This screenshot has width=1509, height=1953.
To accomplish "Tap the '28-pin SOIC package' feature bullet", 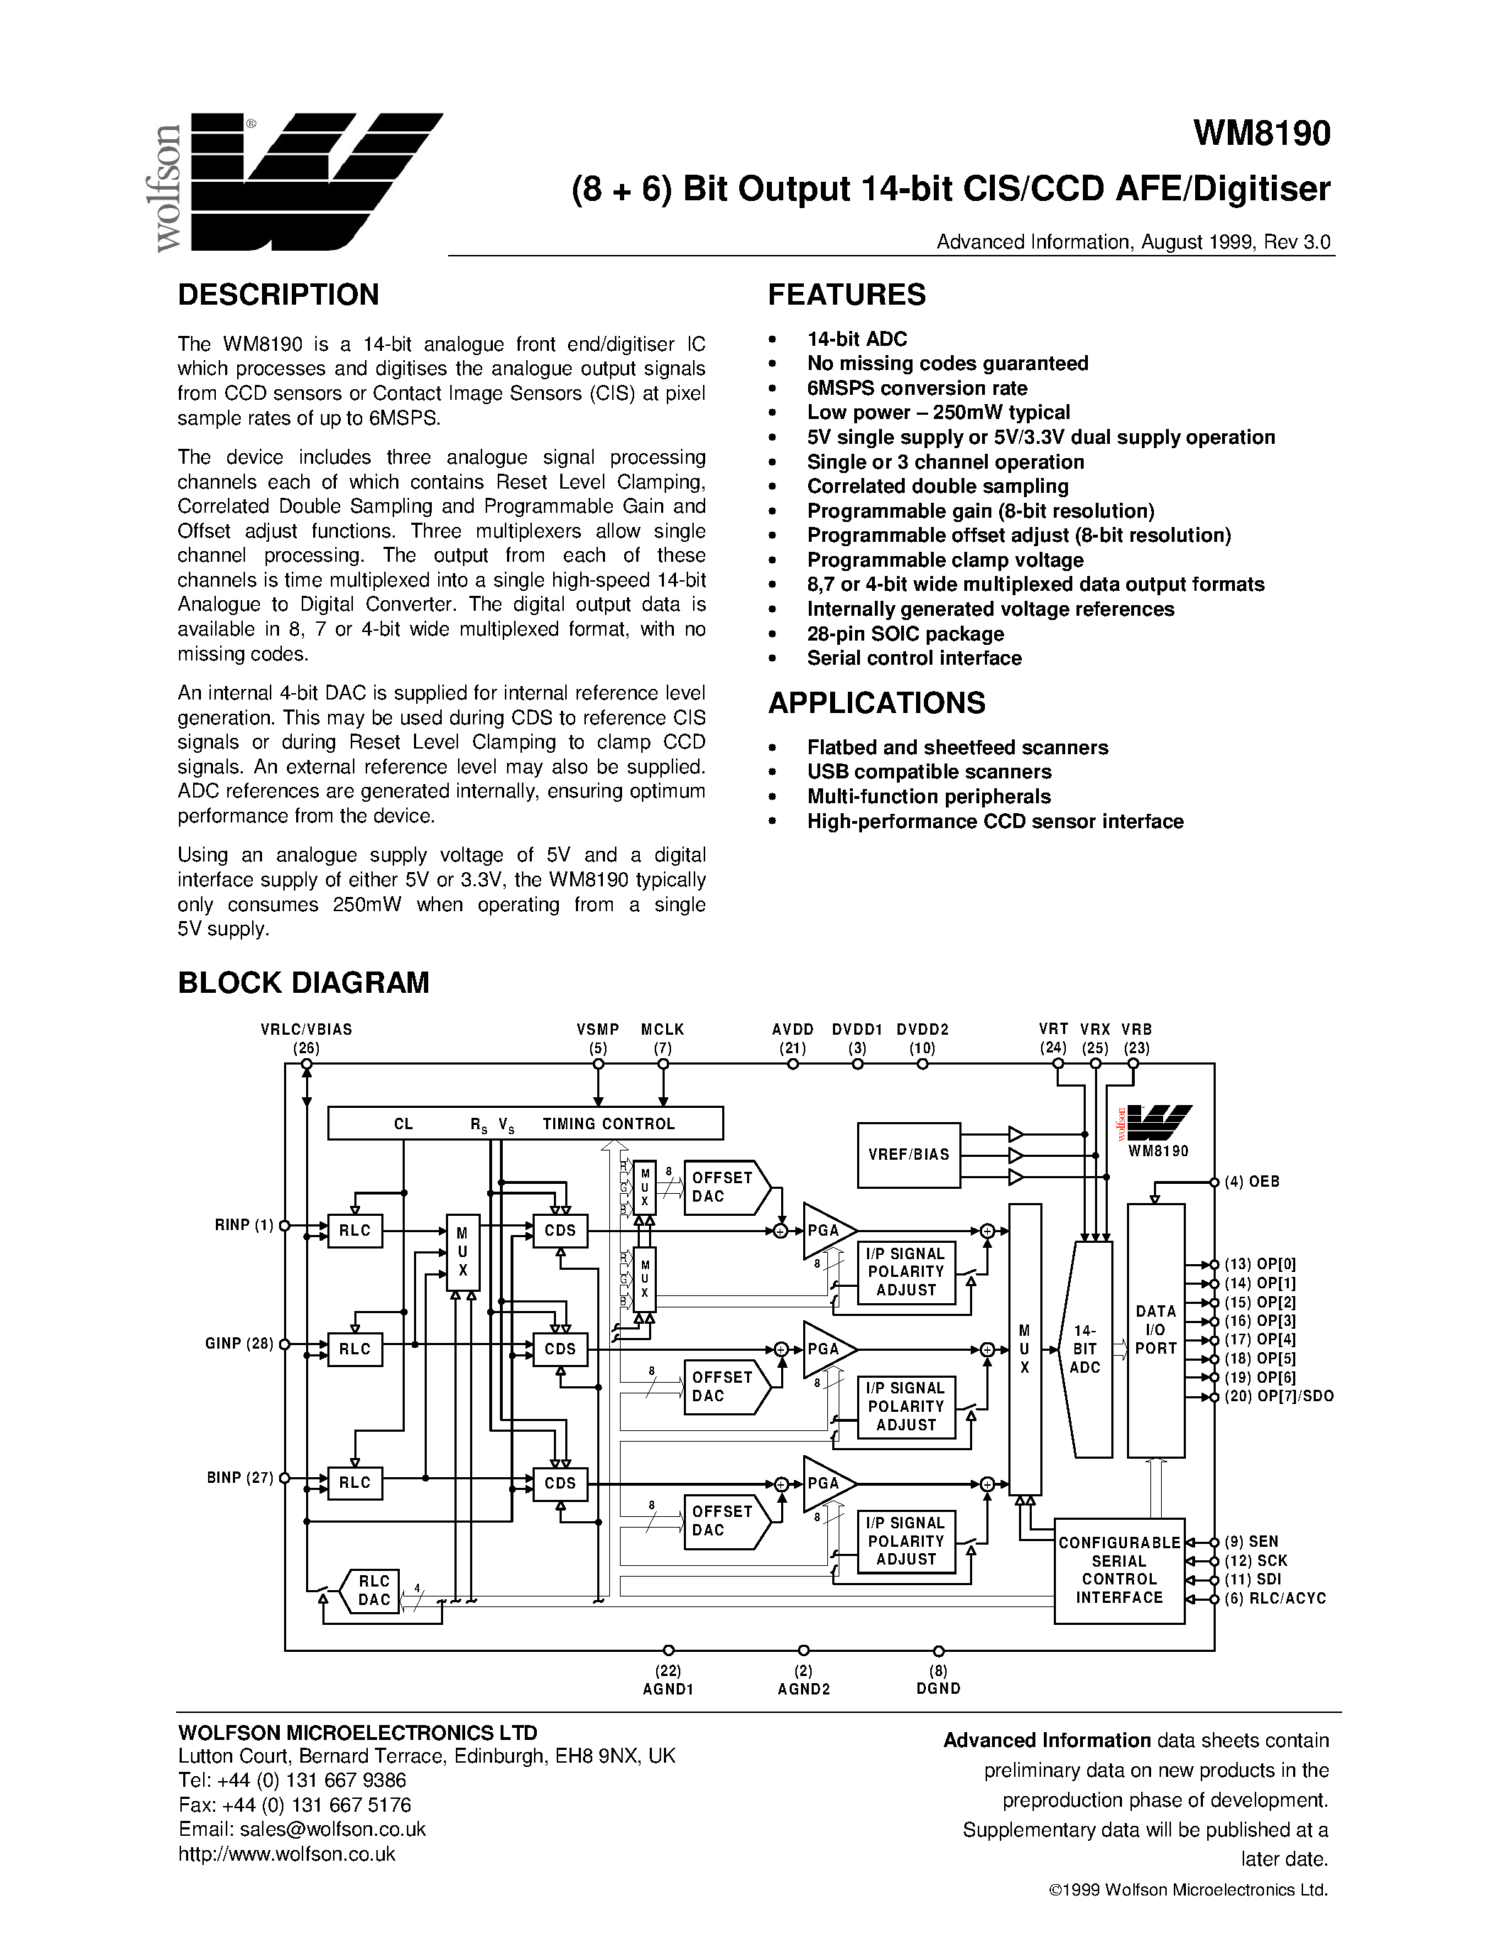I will (905, 634).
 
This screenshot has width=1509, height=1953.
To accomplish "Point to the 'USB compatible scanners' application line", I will (929, 772).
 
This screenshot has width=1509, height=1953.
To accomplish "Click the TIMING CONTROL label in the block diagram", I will (608, 1124).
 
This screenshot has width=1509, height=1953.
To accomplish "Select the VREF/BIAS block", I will (908, 1155).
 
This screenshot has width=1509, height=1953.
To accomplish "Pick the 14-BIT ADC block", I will (1084, 1349).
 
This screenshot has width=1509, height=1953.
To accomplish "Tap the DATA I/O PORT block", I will (1156, 1329).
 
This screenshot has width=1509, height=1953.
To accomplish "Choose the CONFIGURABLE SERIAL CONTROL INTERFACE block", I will (1119, 1570).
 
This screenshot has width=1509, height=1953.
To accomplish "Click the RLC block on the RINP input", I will (355, 1231).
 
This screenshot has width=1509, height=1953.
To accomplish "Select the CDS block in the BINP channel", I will (560, 1483).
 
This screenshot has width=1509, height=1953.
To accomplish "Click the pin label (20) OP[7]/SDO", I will (1278, 1397).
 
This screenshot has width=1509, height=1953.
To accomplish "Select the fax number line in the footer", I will (295, 1805).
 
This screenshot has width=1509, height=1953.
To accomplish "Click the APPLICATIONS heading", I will (876, 704).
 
